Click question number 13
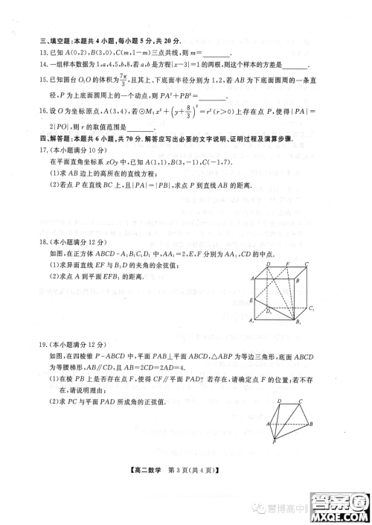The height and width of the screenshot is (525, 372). pos(33,53)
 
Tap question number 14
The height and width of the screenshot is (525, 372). pos(33,66)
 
